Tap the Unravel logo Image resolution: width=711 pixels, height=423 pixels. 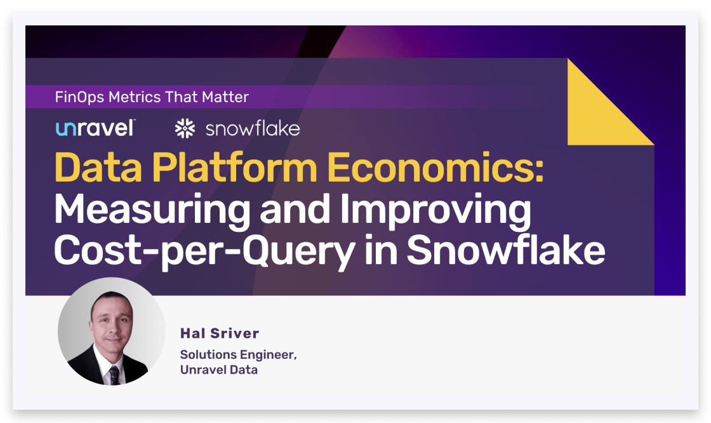pos(95,128)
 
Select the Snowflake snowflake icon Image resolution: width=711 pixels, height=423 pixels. pos(185,128)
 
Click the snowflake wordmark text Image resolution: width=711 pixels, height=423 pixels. pos(253,129)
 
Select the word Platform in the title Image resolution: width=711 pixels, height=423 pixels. pos(234,168)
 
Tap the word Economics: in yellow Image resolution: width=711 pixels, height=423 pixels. pos(435,168)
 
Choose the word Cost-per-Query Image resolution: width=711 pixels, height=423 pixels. pos(204,251)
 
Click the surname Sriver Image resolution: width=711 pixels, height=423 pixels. pos(235,333)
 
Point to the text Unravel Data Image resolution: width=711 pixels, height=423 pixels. pos(219,370)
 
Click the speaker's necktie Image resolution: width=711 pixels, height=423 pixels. pos(114,375)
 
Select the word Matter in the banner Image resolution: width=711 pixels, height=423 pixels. pos(225,97)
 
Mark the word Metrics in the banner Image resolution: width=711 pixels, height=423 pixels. pos(135,97)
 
